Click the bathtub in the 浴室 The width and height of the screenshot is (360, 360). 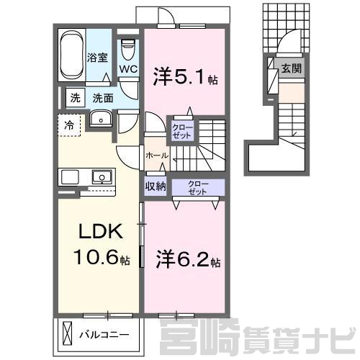click(x=72, y=55)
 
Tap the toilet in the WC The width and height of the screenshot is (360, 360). click(x=128, y=50)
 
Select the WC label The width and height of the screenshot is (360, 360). click(x=128, y=69)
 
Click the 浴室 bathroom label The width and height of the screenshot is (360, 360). click(x=97, y=58)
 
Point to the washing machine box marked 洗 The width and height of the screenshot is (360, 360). click(x=76, y=98)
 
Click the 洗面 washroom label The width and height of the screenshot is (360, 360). click(x=103, y=98)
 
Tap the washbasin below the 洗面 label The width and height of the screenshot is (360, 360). click(x=101, y=118)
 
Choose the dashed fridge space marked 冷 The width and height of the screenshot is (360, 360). click(x=69, y=125)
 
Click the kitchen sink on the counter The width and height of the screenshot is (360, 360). click(x=102, y=177)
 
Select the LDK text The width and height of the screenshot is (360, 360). click(x=101, y=231)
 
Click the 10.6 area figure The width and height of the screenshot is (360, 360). click(x=96, y=257)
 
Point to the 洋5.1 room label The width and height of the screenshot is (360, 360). click(x=185, y=77)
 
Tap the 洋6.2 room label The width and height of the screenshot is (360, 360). click(x=188, y=259)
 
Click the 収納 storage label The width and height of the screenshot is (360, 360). click(x=156, y=186)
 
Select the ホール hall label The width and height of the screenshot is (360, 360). click(x=157, y=156)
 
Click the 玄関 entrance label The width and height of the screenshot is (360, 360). click(x=292, y=68)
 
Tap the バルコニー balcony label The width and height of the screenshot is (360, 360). click(x=104, y=334)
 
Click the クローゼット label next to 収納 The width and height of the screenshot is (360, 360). click(x=198, y=188)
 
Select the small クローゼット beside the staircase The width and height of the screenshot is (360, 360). click(x=182, y=132)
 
